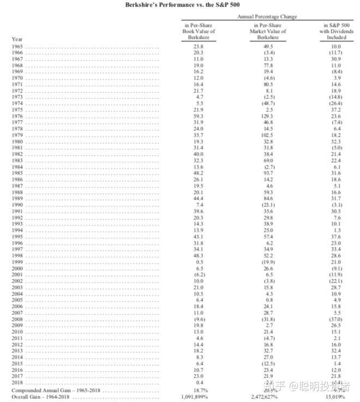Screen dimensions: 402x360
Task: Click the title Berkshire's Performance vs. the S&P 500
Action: coord(180,5)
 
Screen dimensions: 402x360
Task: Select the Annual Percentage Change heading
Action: coord(267,17)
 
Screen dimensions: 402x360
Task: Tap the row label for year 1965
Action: coord(17,47)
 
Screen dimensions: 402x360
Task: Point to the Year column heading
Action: coord(17,39)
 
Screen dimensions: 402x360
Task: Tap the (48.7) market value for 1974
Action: coord(267,103)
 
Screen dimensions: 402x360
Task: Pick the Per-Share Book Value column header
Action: coord(199,31)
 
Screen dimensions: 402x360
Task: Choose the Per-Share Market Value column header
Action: coord(267,31)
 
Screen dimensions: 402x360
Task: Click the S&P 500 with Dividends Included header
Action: coord(337,31)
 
